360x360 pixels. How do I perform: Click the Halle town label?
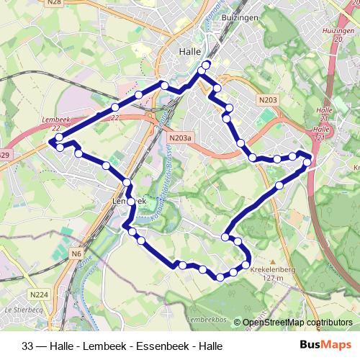pos(190,52)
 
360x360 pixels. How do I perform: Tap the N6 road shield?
pos(76,254)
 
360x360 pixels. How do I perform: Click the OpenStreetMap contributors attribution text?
pos(297,323)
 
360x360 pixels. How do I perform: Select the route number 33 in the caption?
pos(28,346)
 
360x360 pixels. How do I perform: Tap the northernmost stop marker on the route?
pos(207,65)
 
